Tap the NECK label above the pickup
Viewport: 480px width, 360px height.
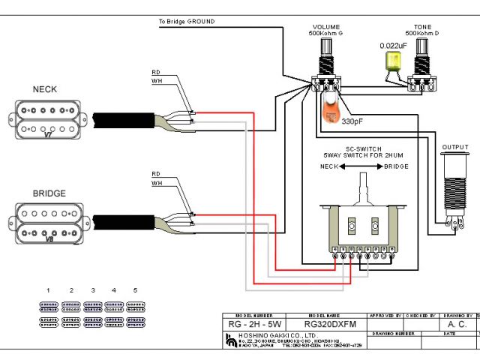tap(44, 89)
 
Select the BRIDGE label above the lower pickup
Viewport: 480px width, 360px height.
tap(49, 193)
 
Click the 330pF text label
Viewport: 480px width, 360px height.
tap(352, 120)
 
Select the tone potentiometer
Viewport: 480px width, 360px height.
tap(419, 64)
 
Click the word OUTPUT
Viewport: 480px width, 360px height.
tap(454, 147)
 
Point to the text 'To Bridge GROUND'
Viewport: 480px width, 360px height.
tap(187, 22)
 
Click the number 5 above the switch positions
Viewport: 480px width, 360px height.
tap(135, 289)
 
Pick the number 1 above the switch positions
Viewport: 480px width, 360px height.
tap(48, 289)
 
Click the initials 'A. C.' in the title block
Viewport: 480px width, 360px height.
tap(457, 325)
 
